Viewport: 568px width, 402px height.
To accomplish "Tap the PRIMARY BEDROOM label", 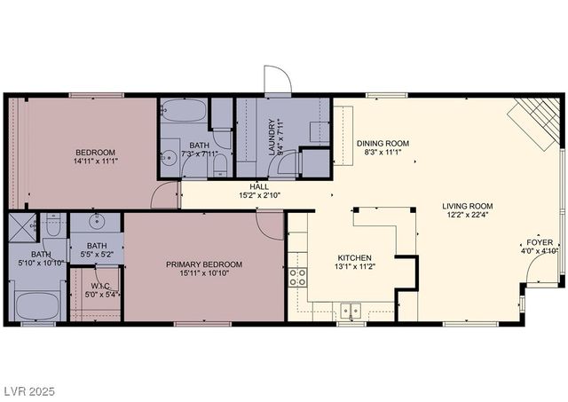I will [x=203, y=264].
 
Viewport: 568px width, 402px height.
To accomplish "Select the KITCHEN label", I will [x=352, y=255].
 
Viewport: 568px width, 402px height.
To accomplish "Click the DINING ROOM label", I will [x=383, y=143].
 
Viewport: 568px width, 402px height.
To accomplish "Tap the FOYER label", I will [x=540, y=241].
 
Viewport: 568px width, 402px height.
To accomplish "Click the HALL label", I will [x=259, y=186].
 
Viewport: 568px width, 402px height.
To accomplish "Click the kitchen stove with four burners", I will [x=297, y=276].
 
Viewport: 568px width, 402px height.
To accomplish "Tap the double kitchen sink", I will [x=352, y=311].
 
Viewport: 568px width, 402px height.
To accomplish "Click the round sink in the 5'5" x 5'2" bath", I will [x=97, y=223].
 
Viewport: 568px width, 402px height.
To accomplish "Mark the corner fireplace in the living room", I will [x=536, y=120].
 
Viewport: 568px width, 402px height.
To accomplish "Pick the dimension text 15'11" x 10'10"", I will [x=203, y=274].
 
